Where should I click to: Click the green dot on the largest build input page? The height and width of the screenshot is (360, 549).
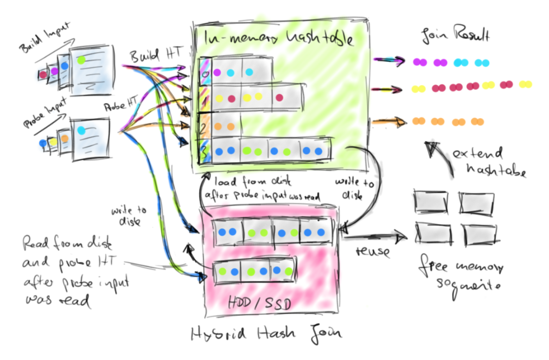point(81,60)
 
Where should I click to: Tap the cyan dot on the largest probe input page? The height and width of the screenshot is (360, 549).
point(81,130)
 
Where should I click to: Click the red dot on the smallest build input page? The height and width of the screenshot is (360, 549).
point(43,74)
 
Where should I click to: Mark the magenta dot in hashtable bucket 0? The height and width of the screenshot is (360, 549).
point(218,72)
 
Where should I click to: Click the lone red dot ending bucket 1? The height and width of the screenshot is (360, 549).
point(280,97)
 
